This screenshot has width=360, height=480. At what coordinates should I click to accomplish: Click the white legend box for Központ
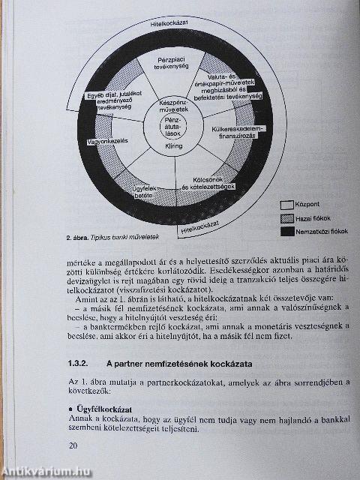coord(287,204)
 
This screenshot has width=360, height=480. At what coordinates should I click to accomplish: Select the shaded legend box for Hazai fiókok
coord(287,217)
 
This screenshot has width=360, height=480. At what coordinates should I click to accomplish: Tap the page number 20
coord(73,445)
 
